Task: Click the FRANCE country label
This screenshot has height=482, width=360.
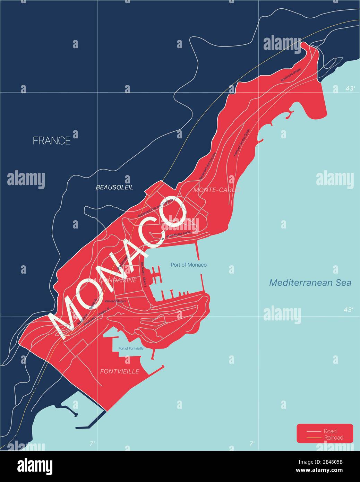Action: click(52, 140)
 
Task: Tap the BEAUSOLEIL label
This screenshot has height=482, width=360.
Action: click(114, 187)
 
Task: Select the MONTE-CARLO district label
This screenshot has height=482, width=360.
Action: click(217, 190)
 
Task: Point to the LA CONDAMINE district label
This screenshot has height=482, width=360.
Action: click(113, 280)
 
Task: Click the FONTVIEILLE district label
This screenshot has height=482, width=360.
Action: click(120, 371)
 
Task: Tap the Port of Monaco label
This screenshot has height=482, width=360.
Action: click(188, 265)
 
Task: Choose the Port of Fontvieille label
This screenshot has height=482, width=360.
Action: click(131, 348)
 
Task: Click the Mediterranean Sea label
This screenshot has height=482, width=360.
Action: click(310, 283)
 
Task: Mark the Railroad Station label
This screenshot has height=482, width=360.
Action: click(115, 301)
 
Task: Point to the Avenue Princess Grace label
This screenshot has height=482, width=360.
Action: click(241, 146)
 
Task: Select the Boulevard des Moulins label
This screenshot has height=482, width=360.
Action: click(207, 166)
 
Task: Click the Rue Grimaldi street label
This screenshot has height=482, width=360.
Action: click(122, 262)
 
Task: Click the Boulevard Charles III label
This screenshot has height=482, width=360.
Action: click(96, 316)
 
